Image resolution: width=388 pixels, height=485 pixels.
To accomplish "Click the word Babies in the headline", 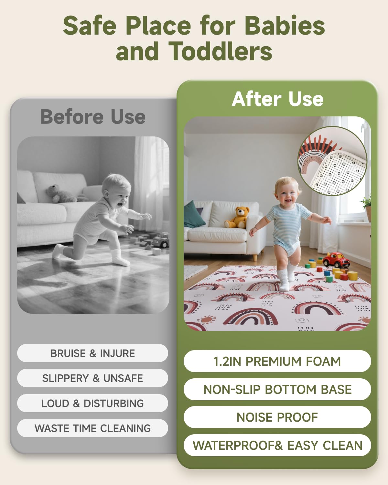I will click(285, 26).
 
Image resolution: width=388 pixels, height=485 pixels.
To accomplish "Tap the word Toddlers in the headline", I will click(220, 52).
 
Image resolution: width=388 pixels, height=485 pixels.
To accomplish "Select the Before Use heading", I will click(93, 117).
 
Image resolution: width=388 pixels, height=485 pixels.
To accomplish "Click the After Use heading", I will click(277, 99).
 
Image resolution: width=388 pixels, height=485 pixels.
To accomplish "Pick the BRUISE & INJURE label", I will click(92, 353).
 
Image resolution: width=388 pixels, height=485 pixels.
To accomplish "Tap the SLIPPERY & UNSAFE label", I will click(92, 378).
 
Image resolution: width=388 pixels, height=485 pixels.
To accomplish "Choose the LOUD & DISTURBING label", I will click(92, 403).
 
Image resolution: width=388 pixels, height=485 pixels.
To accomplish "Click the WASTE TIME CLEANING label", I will click(92, 428).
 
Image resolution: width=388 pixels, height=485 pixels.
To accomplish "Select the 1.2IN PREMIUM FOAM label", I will click(277, 361).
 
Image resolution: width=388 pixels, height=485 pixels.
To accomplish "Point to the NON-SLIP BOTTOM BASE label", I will click(277, 389).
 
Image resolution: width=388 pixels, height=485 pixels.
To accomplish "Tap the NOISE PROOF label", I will click(277, 417).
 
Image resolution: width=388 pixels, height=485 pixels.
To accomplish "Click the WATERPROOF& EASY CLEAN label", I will click(277, 445).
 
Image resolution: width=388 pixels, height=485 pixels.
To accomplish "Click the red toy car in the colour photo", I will click(336, 260).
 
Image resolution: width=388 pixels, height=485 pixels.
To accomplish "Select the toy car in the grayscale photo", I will click(161, 240).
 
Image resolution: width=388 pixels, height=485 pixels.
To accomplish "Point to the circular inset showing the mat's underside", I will click(332, 161).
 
